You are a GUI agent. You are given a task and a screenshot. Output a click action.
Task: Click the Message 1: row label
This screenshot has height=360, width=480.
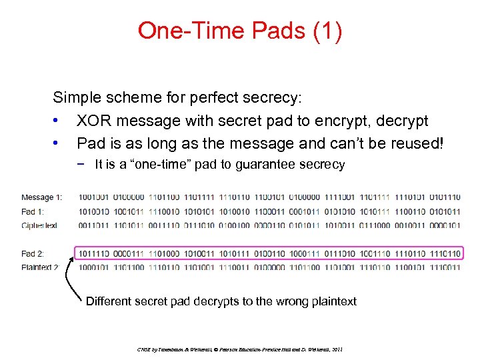pos(42,197)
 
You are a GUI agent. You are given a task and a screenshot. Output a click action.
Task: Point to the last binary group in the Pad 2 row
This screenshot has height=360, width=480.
pos(445,253)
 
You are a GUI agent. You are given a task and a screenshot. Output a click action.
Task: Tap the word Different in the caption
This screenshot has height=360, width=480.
pos(111,301)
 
